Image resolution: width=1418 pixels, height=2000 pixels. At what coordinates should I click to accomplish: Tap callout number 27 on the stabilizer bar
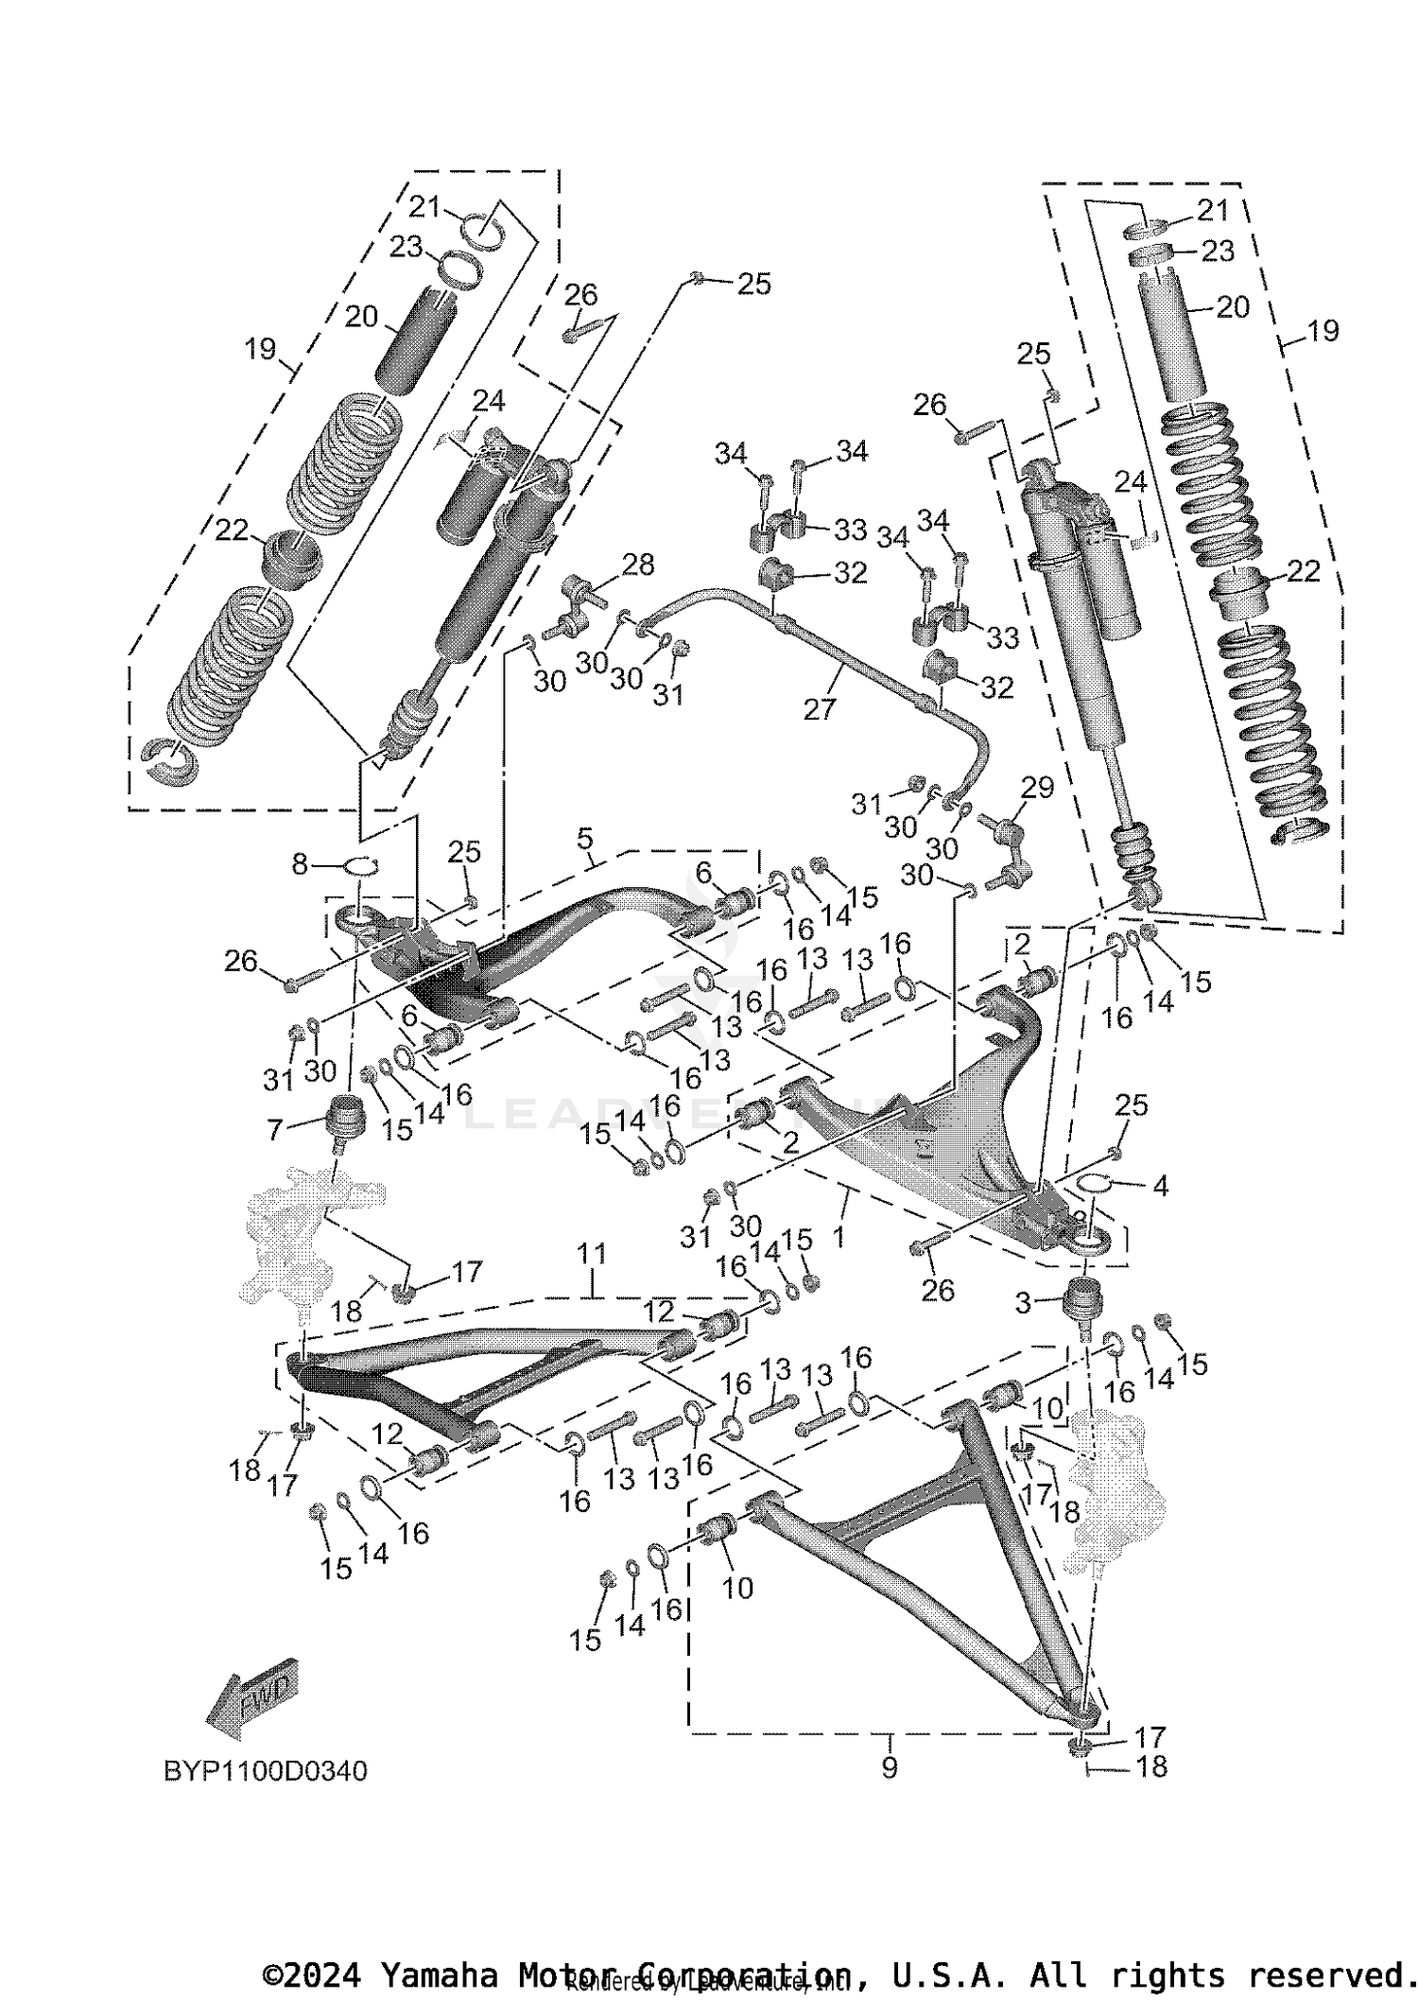click(x=820, y=708)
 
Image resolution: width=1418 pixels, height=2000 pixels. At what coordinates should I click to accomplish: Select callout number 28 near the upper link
click(x=638, y=565)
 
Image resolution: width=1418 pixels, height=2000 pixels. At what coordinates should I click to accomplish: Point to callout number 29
click(x=1037, y=787)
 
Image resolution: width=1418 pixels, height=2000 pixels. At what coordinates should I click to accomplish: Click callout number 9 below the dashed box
click(x=889, y=1766)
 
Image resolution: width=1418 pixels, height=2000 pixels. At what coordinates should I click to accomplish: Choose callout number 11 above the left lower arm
click(x=592, y=1254)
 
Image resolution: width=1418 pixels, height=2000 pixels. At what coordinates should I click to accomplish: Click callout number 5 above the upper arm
click(x=584, y=838)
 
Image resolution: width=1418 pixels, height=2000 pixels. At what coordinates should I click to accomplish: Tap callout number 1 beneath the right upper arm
click(x=838, y=1236)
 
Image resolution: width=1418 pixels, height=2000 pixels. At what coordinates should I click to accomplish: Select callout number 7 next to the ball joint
click(x=275, y=1127)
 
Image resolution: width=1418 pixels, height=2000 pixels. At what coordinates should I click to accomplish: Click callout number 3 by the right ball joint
click(x=1023, y=1303)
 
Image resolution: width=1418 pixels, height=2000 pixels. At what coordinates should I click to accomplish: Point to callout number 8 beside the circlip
click(x=300, y=863)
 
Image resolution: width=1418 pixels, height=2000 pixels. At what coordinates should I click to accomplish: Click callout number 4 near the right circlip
click(x=1160, y=1185)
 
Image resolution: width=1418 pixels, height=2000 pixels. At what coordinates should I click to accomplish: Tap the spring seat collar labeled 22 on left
click(x=292, y=559)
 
